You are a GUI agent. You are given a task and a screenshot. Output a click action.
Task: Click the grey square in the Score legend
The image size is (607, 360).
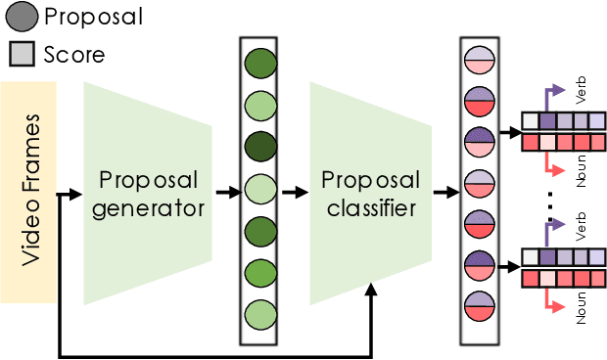coord(21,54)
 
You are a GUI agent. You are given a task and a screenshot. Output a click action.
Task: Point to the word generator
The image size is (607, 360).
coord(148,207)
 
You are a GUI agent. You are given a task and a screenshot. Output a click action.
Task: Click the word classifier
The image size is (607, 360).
coord(371,207)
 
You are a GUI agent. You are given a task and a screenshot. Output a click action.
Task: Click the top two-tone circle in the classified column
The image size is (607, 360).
coord(479,61)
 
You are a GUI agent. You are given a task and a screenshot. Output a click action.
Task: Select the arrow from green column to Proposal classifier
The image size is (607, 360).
coord(295,193)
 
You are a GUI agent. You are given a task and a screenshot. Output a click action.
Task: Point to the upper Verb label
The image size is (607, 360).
coord(582,95)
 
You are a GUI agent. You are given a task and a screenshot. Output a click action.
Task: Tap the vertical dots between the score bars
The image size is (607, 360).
coord(551,204)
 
